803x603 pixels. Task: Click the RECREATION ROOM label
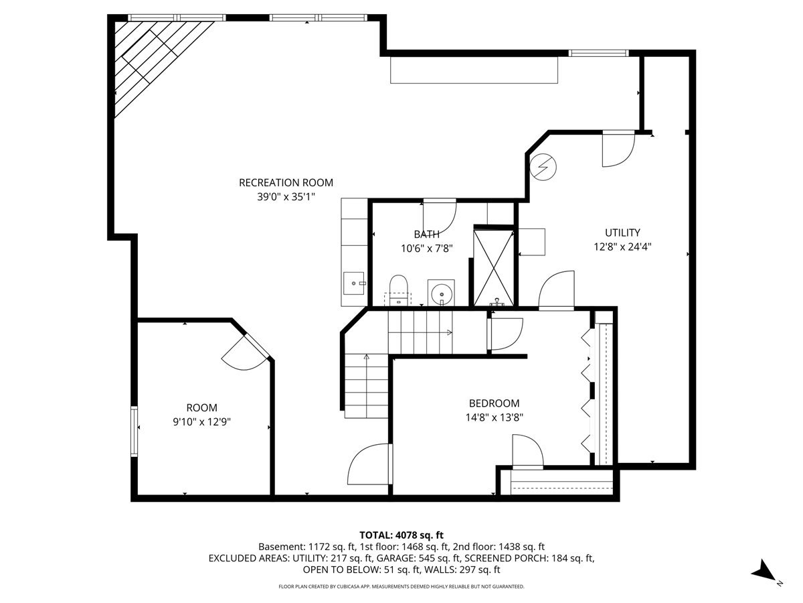coord(286,182)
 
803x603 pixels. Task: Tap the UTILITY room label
coord(622,232)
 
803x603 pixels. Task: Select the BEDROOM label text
coord(494,403)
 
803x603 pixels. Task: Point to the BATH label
coord(426,234)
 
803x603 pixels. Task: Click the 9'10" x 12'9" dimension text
coord(201,421)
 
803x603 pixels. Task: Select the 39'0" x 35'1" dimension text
coord(286,196)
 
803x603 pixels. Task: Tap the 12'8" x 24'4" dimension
coord(622,246)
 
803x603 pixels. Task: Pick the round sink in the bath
coord(440,293)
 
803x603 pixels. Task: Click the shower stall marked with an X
coord(493,266)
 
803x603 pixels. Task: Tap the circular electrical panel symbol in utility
coord(541,165)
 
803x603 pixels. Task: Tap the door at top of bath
coord(439,213)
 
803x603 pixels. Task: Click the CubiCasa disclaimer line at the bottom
coord(401,587)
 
